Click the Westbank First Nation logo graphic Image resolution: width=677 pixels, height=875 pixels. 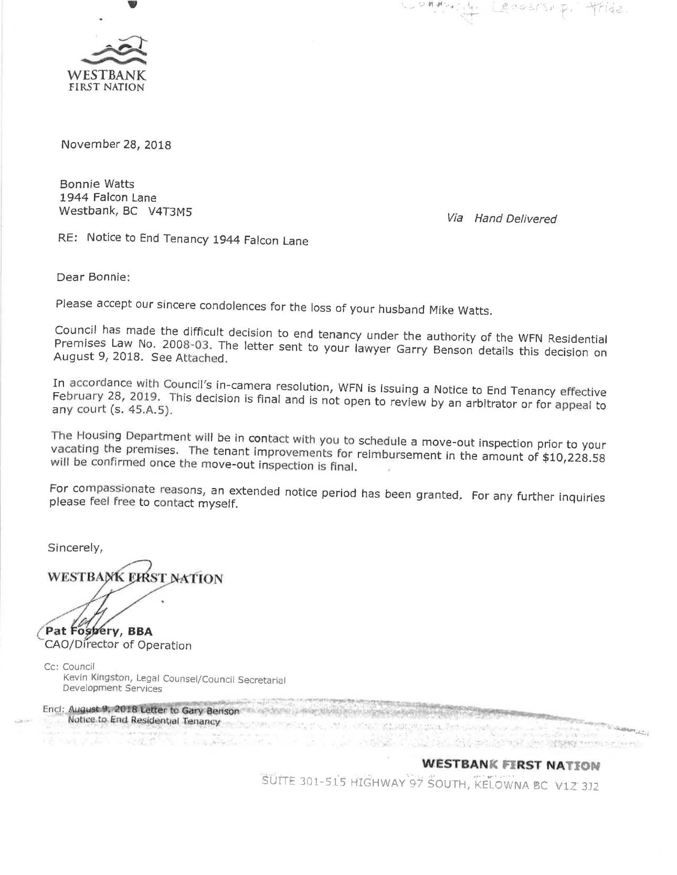[119, 51]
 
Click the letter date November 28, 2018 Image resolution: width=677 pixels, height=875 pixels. [115, 144]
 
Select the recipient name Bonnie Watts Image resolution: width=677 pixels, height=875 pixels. [97, 184]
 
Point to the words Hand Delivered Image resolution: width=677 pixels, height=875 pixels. [515, 219]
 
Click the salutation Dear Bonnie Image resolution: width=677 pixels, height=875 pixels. [93, 277]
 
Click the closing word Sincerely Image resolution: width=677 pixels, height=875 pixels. [75, 547]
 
